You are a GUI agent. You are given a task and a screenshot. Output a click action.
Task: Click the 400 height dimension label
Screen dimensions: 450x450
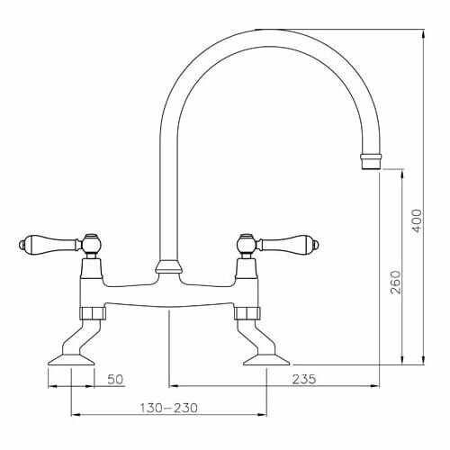click(417, 220)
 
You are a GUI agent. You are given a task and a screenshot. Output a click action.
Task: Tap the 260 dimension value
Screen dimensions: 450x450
click(396, 283)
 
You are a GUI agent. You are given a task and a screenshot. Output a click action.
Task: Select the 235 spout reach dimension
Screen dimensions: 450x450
click(304, 379)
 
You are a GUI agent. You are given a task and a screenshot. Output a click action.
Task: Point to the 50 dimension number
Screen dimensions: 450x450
click(115, 380)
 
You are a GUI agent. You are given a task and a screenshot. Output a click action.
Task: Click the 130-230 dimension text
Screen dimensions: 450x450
click(169, 408)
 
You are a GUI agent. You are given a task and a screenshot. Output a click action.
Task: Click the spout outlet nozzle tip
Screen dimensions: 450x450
click(371, 162)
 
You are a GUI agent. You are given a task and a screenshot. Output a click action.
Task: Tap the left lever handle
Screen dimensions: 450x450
click(49, 243)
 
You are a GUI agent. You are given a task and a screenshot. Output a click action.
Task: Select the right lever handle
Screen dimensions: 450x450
click(287, 244)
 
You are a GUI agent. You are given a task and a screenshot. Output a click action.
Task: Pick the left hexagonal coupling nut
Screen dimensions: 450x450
click(93, 313)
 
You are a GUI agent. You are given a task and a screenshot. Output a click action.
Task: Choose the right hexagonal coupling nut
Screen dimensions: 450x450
click(247, 313)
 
